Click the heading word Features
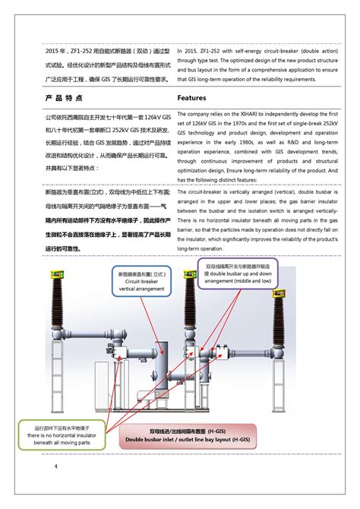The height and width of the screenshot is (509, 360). coord(192,99)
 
